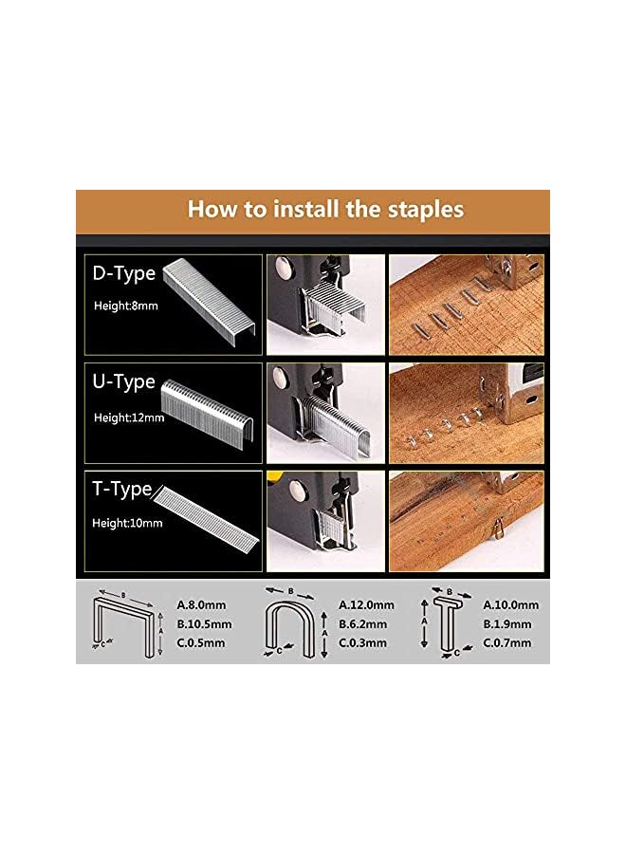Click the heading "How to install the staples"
[x=325, y=209]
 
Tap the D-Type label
[x=124, y=273]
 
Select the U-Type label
[x=124, y=381]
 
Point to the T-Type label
[x=122, y=489]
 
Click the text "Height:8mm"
[x=126, y=306]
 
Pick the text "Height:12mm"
[x=129, y=418]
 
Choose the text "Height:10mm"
[x=127, y=523]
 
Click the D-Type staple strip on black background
[x=211, y=301]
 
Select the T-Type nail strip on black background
[x=206, y=520]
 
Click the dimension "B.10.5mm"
[x=204, y=624]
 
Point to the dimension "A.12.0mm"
[x=366, y=605]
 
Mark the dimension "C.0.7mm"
[x=507, y=643]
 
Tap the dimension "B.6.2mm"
[x=363, y=624]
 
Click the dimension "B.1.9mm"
[x=507, y=624]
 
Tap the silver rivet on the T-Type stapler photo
[x=297, y=489]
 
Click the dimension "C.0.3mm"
[x=363, y=643]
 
